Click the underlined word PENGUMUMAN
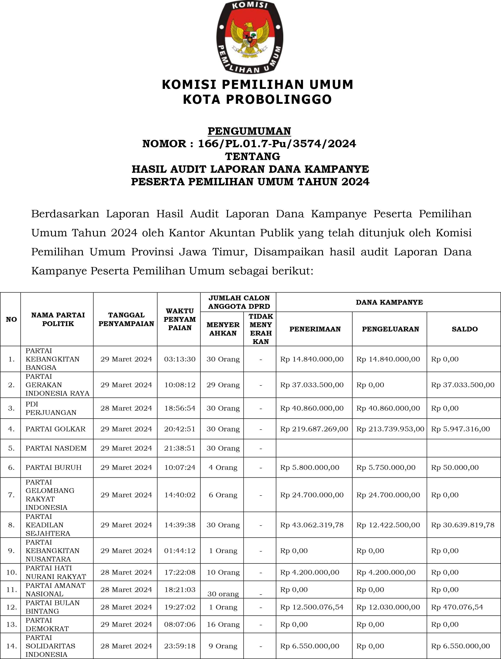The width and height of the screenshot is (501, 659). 249,131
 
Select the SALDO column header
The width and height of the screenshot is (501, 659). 464,329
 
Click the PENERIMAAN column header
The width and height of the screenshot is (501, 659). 315,329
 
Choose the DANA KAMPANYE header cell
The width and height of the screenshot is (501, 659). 389,302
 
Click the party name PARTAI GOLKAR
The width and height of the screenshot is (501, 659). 55,429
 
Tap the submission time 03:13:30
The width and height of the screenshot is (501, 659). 180,359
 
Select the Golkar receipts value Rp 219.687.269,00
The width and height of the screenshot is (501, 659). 314,429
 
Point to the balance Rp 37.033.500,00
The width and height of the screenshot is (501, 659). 462,385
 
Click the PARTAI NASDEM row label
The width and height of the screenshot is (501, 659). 56,448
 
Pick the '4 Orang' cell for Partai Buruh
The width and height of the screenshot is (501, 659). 223,467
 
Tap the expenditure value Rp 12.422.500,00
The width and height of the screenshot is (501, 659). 388,525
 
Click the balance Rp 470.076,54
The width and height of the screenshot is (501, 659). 457,607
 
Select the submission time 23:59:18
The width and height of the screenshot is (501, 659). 180,646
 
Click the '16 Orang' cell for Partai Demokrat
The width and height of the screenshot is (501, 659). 223,624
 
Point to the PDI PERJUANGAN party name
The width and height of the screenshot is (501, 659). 51,408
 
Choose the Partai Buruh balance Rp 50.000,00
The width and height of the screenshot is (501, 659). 455,467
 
